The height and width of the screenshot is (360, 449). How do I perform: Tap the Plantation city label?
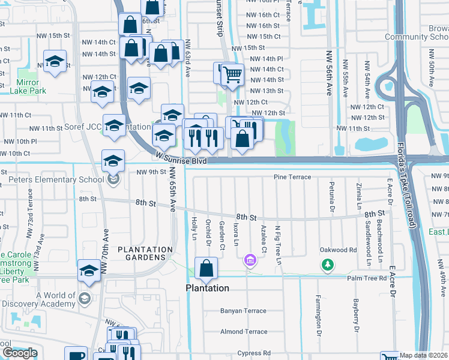[x=207, y=288]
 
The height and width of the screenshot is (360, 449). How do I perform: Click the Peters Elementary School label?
[x=56, y=179]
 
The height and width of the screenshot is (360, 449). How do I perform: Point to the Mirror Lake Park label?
[x=25, y=87]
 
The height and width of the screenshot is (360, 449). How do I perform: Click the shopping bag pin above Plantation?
[x=206, y=269]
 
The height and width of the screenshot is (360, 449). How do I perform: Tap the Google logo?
[x=20, y=353]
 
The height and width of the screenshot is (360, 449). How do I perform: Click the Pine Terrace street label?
[x=292, y=177]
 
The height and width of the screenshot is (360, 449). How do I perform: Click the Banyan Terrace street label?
[x=243, y=311]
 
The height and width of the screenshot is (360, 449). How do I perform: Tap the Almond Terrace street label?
[x=243, y=331]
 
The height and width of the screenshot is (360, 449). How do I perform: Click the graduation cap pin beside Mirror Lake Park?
[x=55, y=62]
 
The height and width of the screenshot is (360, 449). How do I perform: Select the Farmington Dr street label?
[x=319, y=315]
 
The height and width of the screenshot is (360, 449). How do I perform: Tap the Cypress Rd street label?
[x=254, y=352]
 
